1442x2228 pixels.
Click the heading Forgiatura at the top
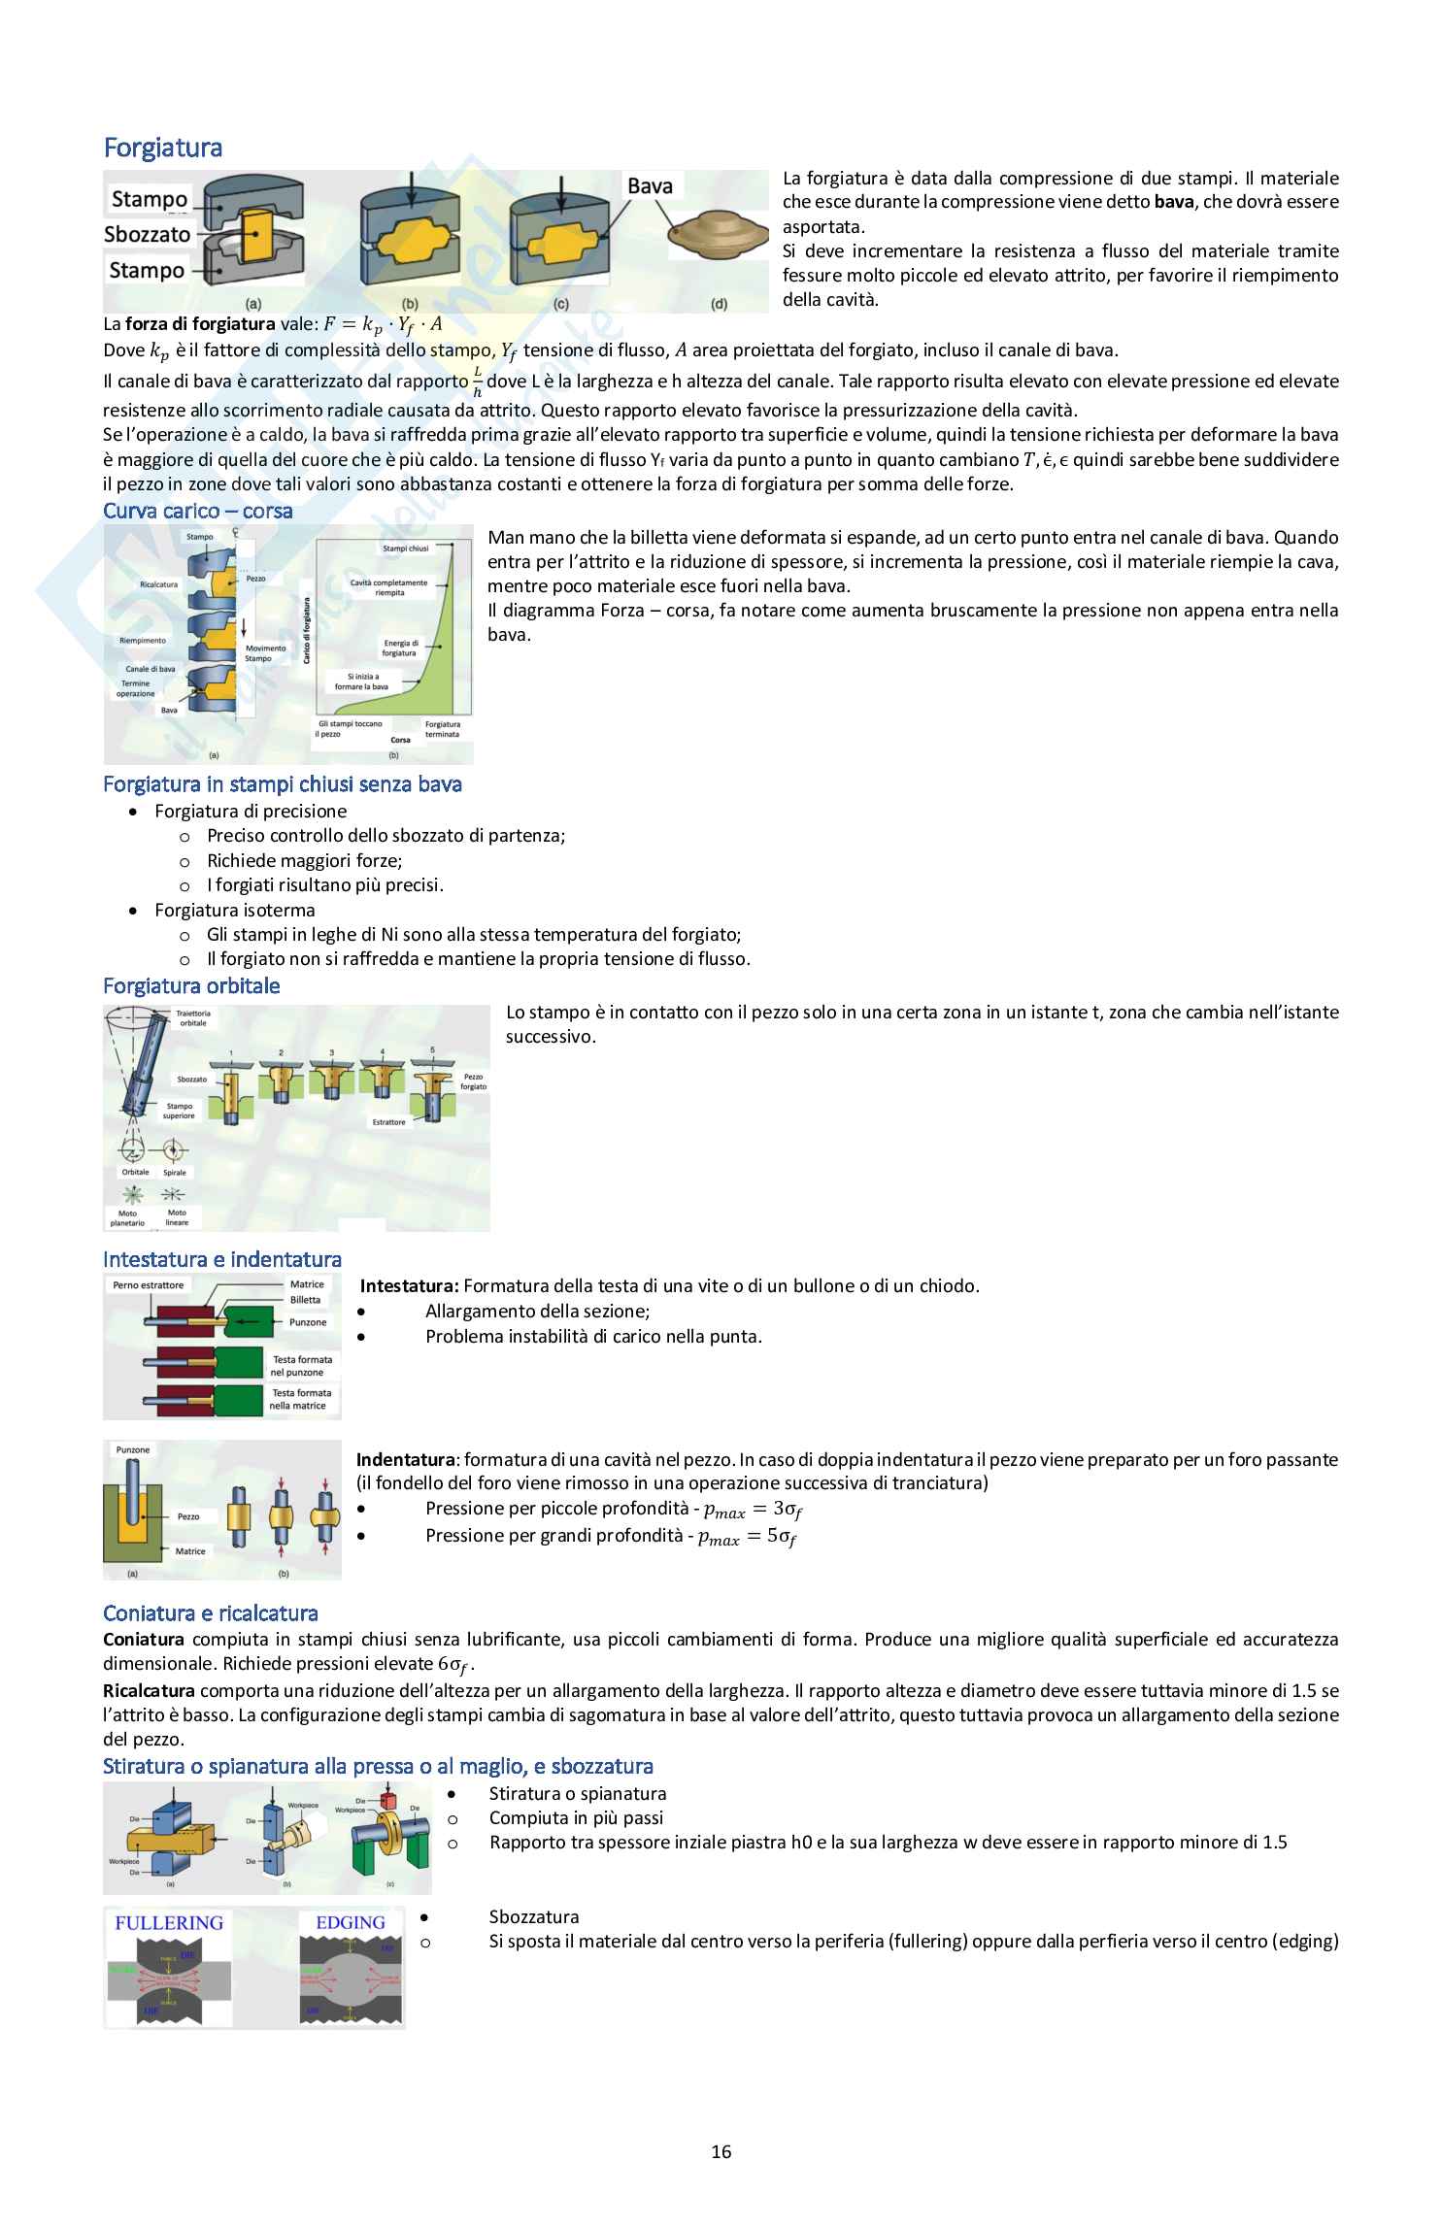tap(162, 148)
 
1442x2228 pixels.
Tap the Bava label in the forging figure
tap(650, 185)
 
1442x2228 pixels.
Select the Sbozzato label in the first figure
tap(147, 234)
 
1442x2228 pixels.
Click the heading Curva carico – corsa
tap(198, 511)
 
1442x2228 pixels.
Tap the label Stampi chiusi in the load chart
tap(405, 549)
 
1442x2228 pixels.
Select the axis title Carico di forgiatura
tap(307, 631)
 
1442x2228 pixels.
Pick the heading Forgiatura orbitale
tap(191, 985)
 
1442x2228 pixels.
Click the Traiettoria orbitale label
tap(192, 1017)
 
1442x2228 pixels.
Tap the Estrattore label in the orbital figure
tap(388, 1122)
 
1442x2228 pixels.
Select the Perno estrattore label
tap(148, 1285)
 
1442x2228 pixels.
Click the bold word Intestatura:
tap(409, 1285)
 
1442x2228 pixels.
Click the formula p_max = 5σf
tap(748, 1537)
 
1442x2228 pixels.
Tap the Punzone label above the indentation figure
tap(133, 1449)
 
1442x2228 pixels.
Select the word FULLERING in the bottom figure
tap(169, 1923)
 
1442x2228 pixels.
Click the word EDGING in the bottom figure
tap(351, 1923)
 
